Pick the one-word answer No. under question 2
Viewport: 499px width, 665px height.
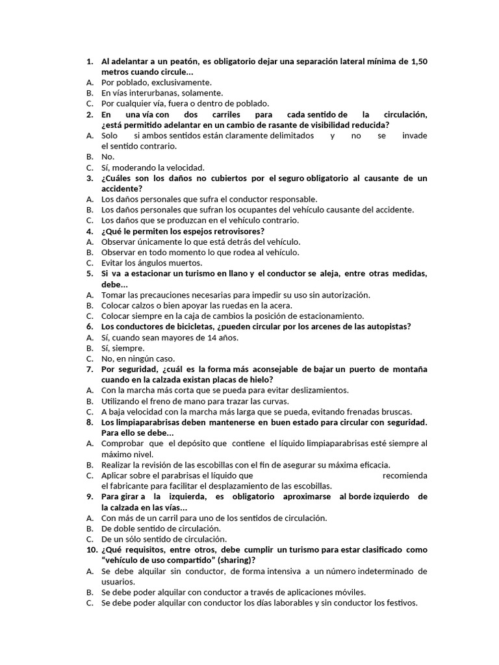point(108,157)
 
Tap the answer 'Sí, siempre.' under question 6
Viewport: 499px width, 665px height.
point(123,348)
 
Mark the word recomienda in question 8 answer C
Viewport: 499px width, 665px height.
point(405,475)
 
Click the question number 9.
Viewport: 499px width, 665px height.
point(90,497)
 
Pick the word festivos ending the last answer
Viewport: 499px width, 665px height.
point(398,603)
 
